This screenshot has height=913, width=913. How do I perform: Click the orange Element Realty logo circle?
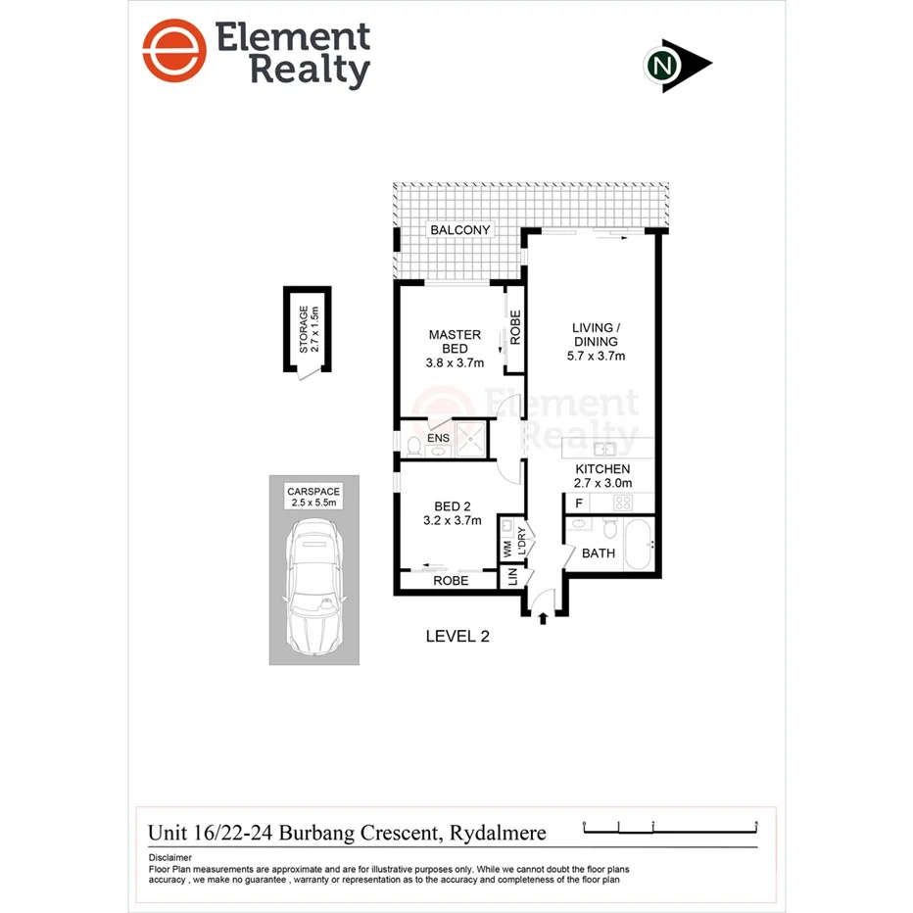click(x=175, y=51)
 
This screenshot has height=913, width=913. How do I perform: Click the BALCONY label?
click(x=458, y=230)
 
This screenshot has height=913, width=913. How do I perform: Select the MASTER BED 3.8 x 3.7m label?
click(x=456, y=349)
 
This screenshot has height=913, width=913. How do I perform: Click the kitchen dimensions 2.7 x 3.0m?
click(x=602, y=483)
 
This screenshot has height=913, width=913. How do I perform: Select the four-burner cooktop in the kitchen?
click(x=623, y=503)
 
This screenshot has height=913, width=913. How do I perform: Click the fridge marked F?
click(x=580, y=503)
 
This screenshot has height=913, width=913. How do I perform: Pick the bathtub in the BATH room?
click(x=638, y=545)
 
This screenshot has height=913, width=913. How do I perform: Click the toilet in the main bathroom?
click(x=609, y=532)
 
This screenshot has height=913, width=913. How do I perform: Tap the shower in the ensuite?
click(x=471, y=440)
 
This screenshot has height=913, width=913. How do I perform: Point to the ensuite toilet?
click(x=412, y=447)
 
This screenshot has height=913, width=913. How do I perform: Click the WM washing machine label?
click(x=507, y=550)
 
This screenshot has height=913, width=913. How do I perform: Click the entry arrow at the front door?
click(x=543, y=617)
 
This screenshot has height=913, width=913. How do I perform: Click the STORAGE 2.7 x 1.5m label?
click(x=308, y=329)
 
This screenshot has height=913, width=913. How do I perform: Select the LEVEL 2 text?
click(x=456, y=637)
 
